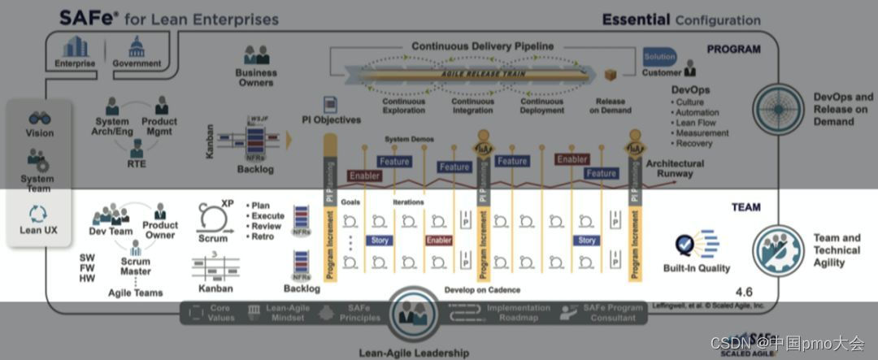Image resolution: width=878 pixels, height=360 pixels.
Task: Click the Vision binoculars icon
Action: point(40,119)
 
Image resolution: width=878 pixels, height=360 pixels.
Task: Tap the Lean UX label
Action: point(40,230)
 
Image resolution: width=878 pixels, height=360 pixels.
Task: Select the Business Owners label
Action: point(256,78)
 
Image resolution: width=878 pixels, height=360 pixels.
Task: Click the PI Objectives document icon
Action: point(330,105)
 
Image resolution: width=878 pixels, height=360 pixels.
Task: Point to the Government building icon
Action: point(136,47)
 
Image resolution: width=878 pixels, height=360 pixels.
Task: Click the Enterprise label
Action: point(75,63)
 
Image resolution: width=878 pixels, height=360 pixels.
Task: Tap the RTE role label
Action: point(136,163)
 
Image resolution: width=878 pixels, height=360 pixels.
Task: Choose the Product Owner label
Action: point(160,230)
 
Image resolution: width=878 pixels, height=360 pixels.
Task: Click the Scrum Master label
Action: point(135,267)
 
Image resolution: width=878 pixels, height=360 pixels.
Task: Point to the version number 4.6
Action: point(745,291)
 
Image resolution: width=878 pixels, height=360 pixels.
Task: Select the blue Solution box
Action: point(659,57)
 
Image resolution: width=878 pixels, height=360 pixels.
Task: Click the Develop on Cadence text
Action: point(482,290)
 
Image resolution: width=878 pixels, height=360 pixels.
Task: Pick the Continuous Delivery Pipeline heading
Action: point(483,46)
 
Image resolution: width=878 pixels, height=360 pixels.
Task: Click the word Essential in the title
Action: point(636,20)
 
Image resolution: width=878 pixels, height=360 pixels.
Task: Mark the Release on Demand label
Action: point(611,106)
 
